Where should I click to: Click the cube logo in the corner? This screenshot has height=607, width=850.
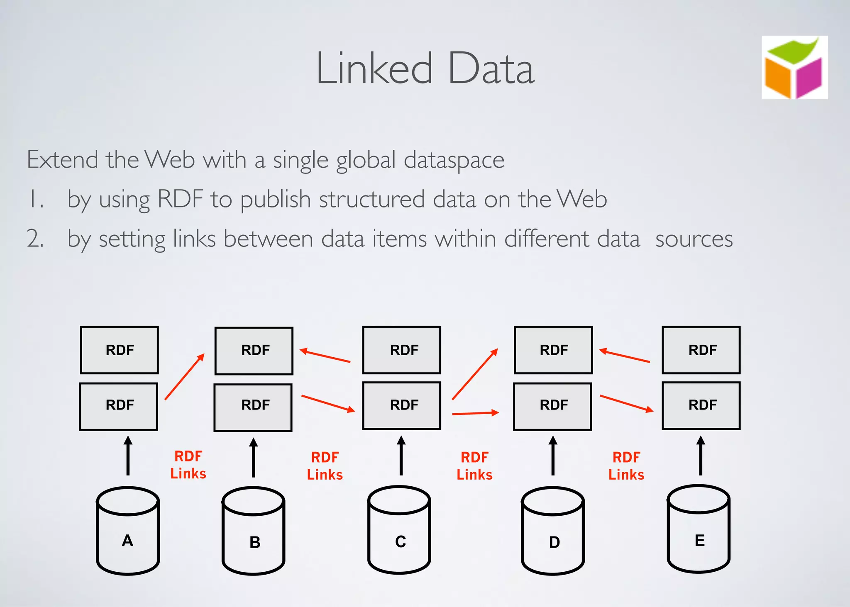794,68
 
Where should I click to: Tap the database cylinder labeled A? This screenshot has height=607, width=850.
128,531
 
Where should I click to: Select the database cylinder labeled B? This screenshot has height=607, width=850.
253,531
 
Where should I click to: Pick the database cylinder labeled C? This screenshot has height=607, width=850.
399,530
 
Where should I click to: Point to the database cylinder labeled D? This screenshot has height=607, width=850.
553,531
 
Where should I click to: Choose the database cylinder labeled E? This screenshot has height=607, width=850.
699,529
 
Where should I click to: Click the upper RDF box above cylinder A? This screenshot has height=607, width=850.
120,350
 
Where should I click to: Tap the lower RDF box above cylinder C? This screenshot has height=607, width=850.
401,405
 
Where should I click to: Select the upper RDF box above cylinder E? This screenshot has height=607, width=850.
701,350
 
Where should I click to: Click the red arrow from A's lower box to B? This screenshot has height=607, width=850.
185,377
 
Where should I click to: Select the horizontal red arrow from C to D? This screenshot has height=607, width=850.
475,413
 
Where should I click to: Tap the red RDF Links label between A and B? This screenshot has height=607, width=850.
188,465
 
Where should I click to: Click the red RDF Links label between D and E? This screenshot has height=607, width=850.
626,466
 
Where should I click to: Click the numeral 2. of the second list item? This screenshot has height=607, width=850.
35,239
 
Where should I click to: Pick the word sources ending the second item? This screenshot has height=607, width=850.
694,239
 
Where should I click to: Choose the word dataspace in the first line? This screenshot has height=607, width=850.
454,161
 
